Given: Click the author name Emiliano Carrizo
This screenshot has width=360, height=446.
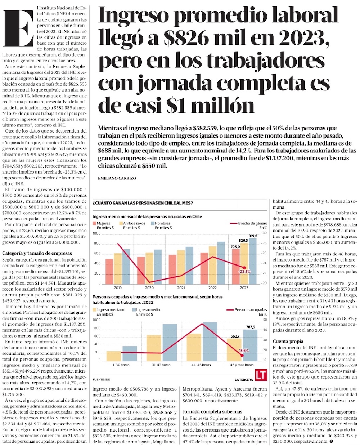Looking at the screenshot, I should pos(117,178).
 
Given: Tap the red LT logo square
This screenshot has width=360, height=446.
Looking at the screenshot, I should pos(261,375).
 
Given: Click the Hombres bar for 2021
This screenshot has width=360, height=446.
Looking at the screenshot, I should pos(189,265).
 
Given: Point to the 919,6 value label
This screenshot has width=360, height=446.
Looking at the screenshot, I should pos(253,236).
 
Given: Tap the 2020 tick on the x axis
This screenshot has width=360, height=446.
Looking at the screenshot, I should pos(149,288).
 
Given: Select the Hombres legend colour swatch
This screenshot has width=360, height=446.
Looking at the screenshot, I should pos(152,223).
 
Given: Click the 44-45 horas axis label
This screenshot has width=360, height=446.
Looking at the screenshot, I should pos(201,365).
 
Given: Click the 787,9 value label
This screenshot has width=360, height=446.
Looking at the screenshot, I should pos(251,327).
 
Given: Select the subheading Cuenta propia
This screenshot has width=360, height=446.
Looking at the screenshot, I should pos(288,341).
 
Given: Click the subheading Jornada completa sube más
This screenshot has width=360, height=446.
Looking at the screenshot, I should pos(212,411).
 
